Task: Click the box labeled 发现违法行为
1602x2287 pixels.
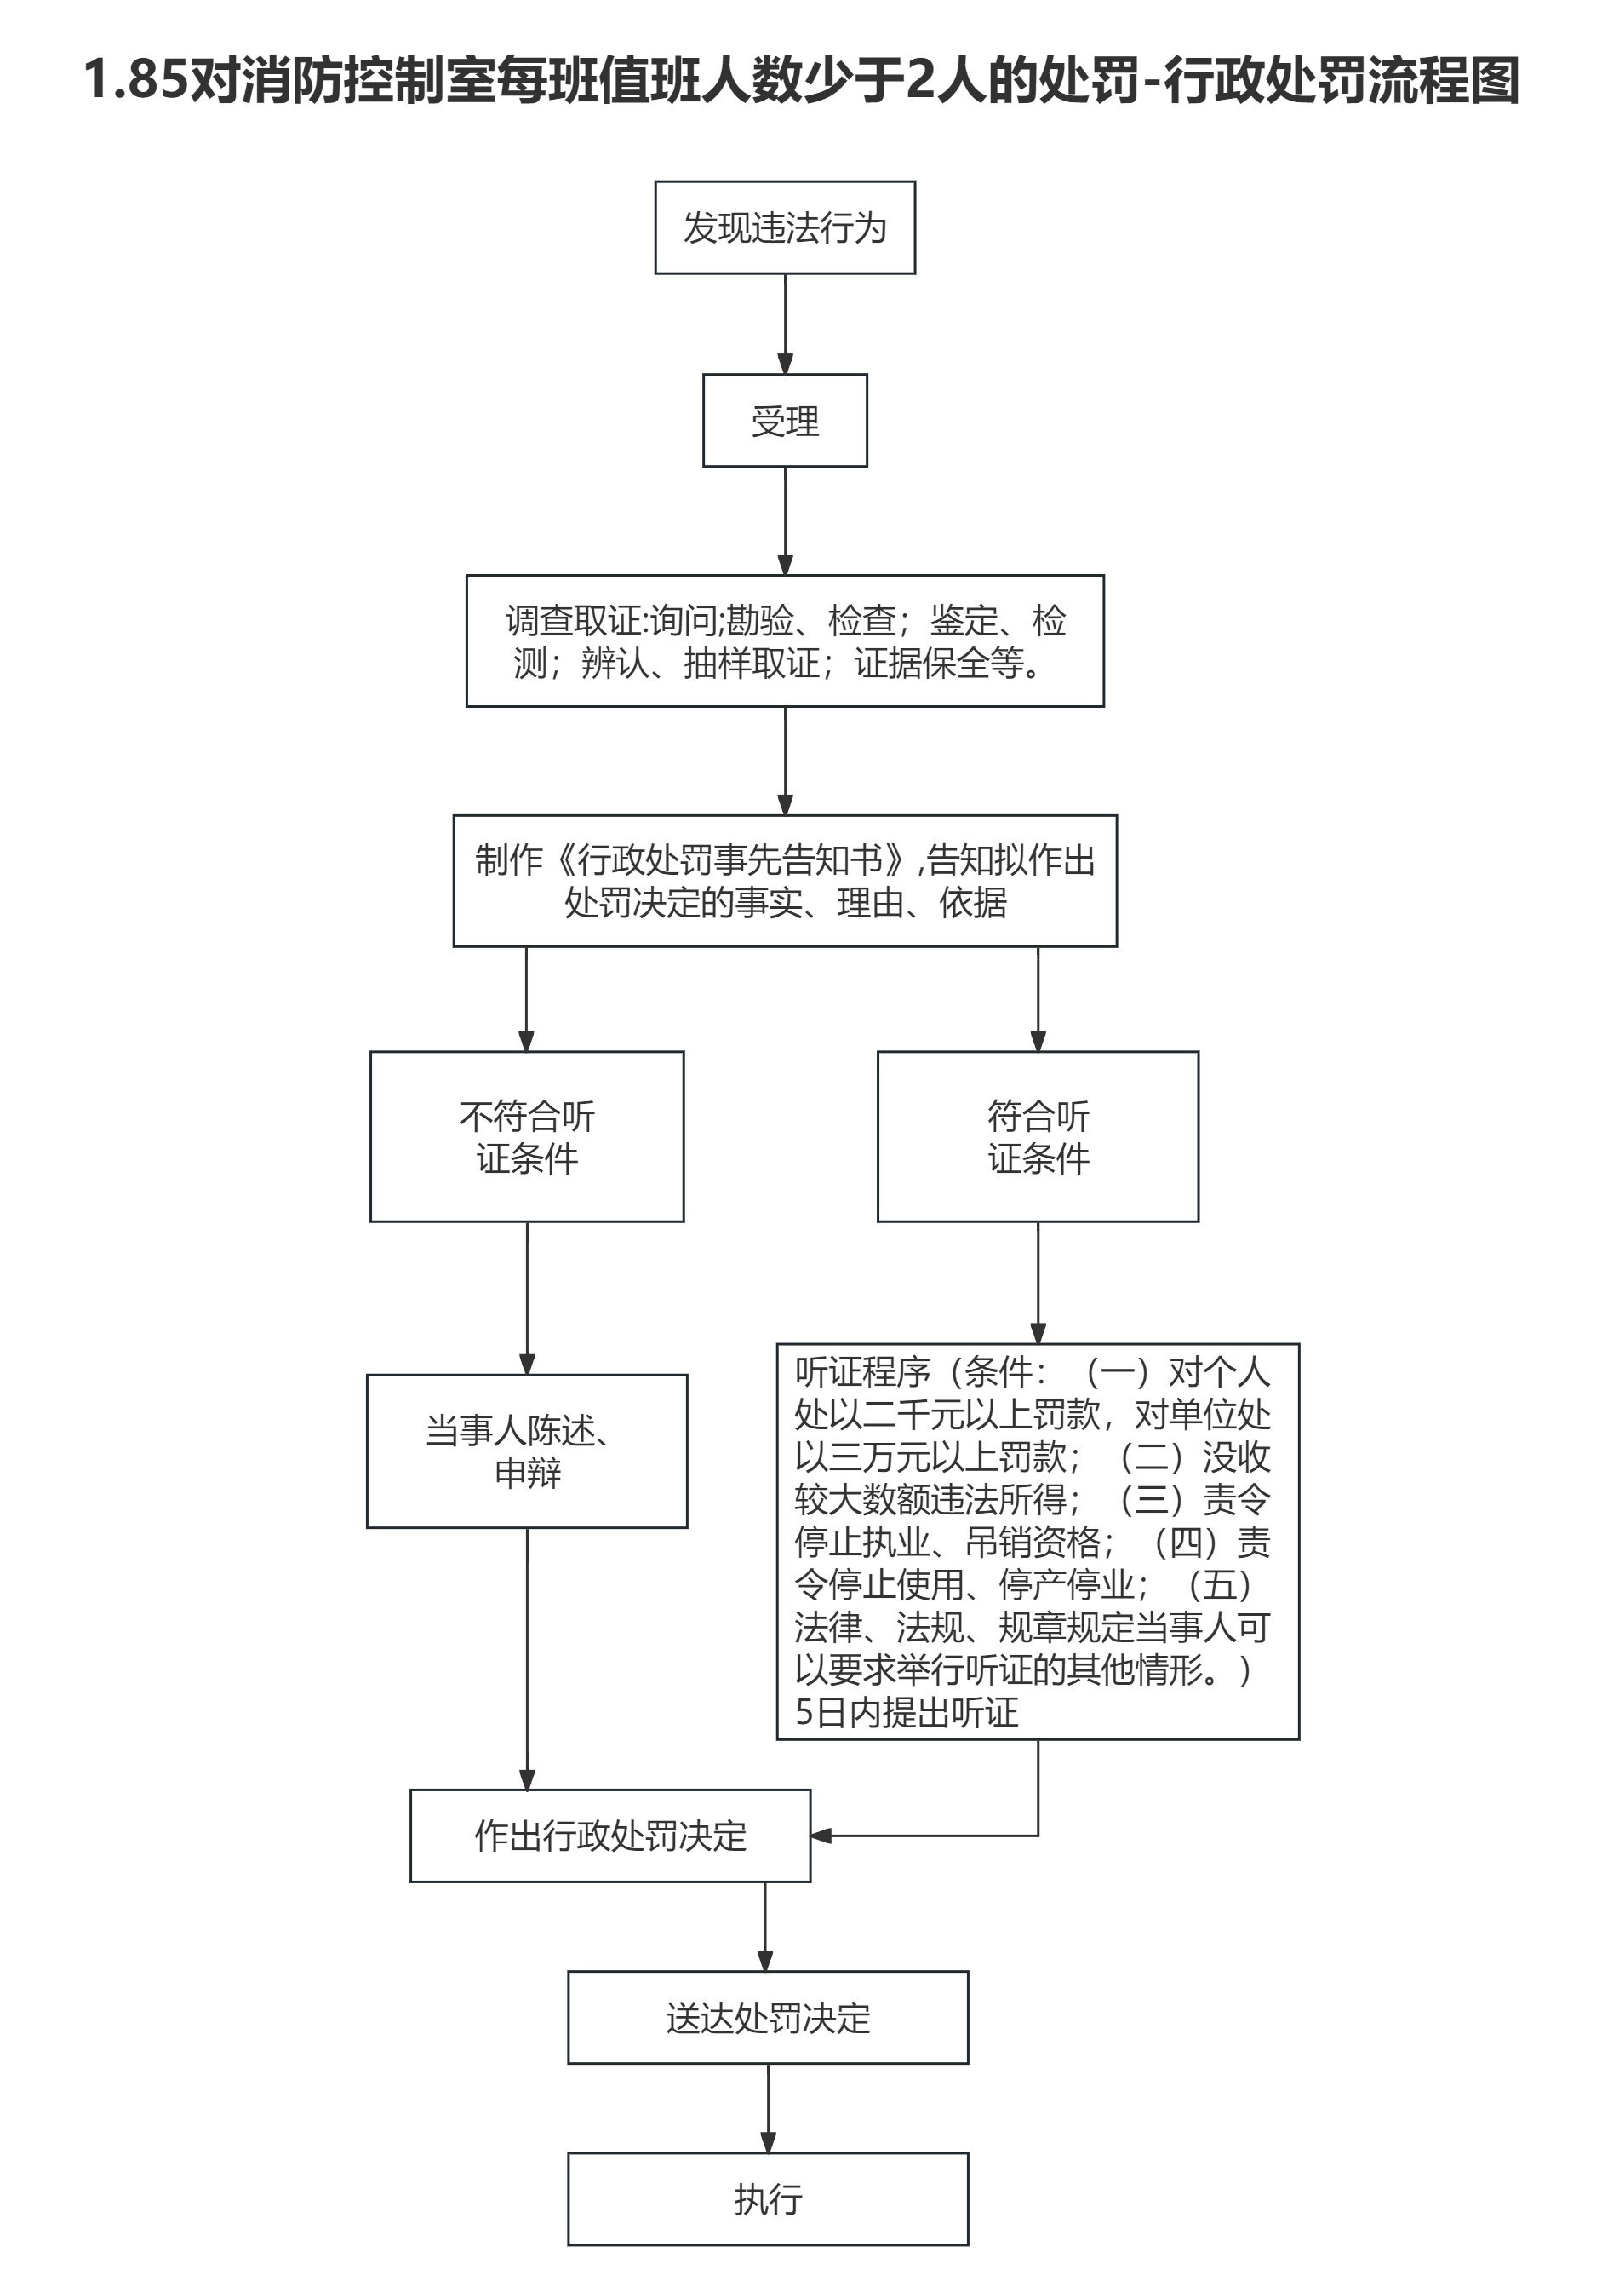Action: point(785,228)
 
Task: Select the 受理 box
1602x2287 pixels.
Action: point(785,420)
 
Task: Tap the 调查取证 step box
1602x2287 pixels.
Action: point(785,641)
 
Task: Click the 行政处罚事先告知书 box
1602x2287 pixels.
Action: point(785,881)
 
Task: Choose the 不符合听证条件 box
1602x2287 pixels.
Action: point(527,1136)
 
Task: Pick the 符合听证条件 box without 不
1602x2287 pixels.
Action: point(1038,1136)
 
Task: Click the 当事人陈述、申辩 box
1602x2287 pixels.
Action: point(527,1451)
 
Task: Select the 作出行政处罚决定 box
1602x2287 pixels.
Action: point(610,1836)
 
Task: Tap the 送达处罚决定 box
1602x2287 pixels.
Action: point(768,2018)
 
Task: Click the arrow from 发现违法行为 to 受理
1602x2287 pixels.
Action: point(785,324)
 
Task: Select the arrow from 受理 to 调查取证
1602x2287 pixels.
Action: point(785,520)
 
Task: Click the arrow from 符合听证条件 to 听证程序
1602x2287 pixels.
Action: point(1038,1283)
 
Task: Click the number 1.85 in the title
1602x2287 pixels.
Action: point(135,80)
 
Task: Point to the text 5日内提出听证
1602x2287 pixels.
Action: point(906,1712)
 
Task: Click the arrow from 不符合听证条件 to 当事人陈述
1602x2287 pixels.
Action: point(527,1298)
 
